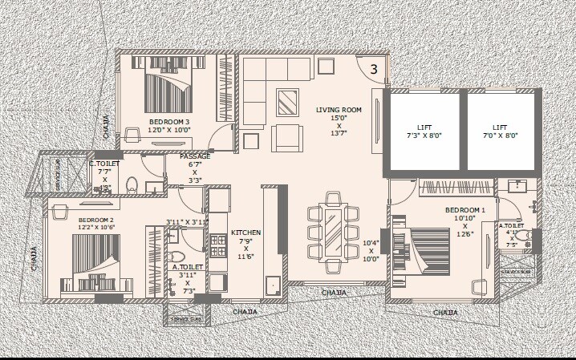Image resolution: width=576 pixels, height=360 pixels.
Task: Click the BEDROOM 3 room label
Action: click(x=169, y=122)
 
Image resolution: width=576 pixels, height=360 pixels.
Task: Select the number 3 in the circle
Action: click(x=373, y=69)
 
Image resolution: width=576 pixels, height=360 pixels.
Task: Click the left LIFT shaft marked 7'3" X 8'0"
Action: click(x=424, y=131)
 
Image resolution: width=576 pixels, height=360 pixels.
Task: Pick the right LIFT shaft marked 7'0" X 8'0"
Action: click(x=500, y=131)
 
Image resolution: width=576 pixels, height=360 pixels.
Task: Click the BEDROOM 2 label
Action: click(x=95, y=219)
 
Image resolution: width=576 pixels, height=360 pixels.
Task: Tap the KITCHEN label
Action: click(x=246, y=233)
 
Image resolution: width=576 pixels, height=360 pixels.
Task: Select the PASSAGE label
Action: click(x=195, y=156)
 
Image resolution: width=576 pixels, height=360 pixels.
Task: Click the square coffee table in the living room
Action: click(x=287, y=102)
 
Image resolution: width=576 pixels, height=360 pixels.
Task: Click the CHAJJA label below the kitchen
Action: click(x=244, y=311)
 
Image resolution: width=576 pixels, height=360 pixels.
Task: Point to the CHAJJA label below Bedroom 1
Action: click(x=446, y=313)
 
